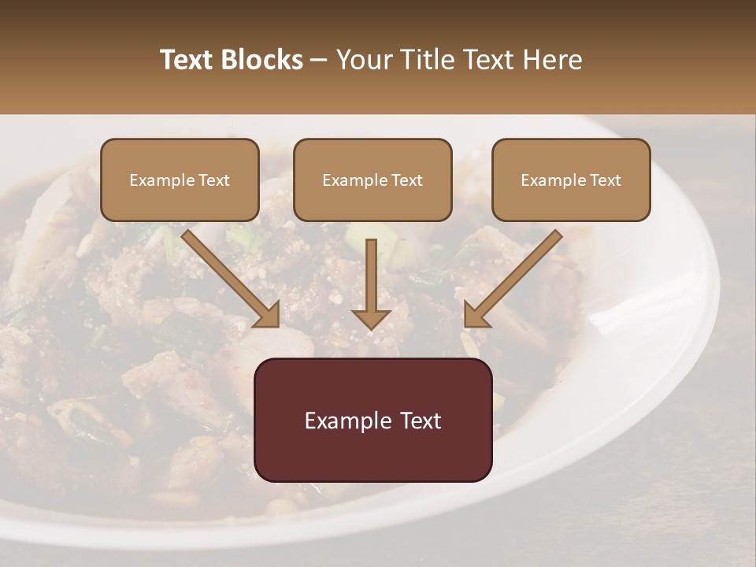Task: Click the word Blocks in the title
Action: [261, 60]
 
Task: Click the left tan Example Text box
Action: [180, 180]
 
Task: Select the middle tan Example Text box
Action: [372, 180]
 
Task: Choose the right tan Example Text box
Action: [571, 180]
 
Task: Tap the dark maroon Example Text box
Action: [373, 420]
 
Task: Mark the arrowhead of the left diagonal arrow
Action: [268, 315]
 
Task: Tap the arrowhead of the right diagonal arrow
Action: [476, 315]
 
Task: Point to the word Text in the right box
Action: [605, 180]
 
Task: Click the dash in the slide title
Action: [319, 60]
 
